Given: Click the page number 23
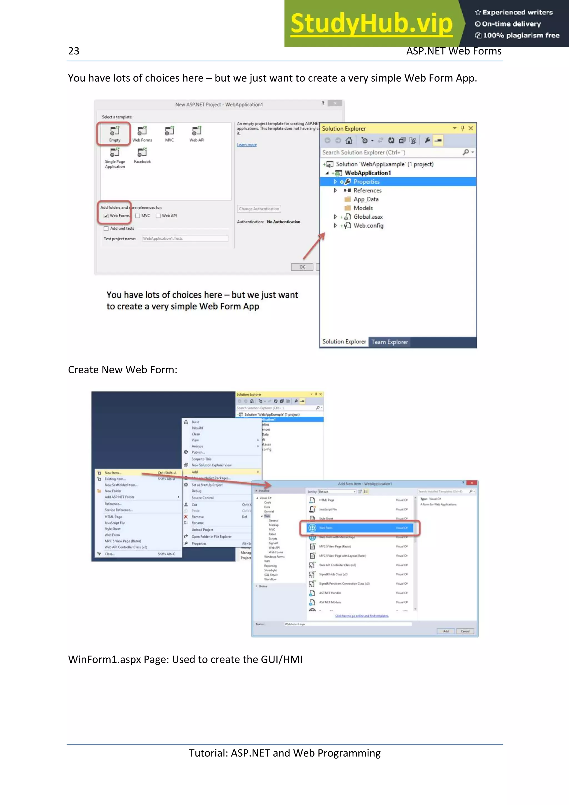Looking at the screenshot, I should [x=74, y=51].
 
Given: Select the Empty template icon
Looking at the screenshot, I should [x=115, y=131].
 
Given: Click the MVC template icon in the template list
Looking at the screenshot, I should [x=169, y=131].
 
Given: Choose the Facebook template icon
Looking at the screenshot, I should [x=142, y=153].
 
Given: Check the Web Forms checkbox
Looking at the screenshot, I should [x=106, y=216].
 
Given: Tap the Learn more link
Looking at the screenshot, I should [x=246, y=145].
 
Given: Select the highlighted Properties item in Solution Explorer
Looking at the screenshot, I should [x=366, y=182].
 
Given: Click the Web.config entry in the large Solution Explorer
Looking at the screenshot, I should [x=368, y=226].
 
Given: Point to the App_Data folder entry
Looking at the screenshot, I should [x=366, y=199].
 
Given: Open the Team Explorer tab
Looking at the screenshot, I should [x=390, y=342].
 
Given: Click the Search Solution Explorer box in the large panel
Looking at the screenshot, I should [x=389, y=152].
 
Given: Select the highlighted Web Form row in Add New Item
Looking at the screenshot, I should [x=359, y=528].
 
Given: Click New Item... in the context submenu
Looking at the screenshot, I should [x=113, y=472].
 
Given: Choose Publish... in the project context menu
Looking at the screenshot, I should [x=198, y=452].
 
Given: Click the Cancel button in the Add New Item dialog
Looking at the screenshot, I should [x=465, y=631].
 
